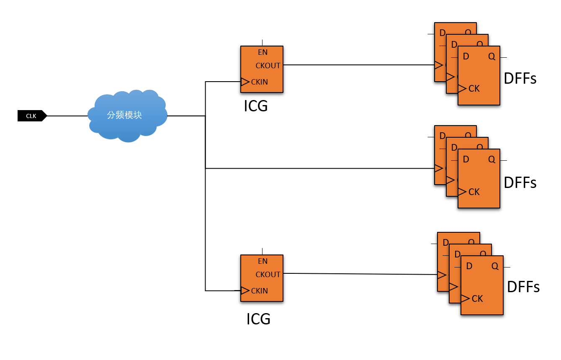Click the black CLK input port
point(32,116)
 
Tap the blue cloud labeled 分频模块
point(127,116)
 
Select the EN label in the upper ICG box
point(263,52)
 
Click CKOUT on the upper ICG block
point(268,66)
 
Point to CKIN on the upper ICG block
point(260,82)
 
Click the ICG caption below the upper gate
point(256,106)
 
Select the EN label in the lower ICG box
point(263,261)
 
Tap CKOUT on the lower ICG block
point(268,274)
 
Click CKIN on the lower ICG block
point(260,291)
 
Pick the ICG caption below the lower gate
point(258,319)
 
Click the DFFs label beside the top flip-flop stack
point(520,78)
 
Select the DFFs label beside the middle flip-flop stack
point(520,183)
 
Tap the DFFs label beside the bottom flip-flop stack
point(523,287)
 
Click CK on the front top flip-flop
point(474,88)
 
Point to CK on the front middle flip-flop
point(474,192)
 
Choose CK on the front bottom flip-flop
point(477,298)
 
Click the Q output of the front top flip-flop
point(492,57)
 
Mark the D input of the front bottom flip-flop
point(469,266)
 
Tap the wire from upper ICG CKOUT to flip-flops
point(359,65)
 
